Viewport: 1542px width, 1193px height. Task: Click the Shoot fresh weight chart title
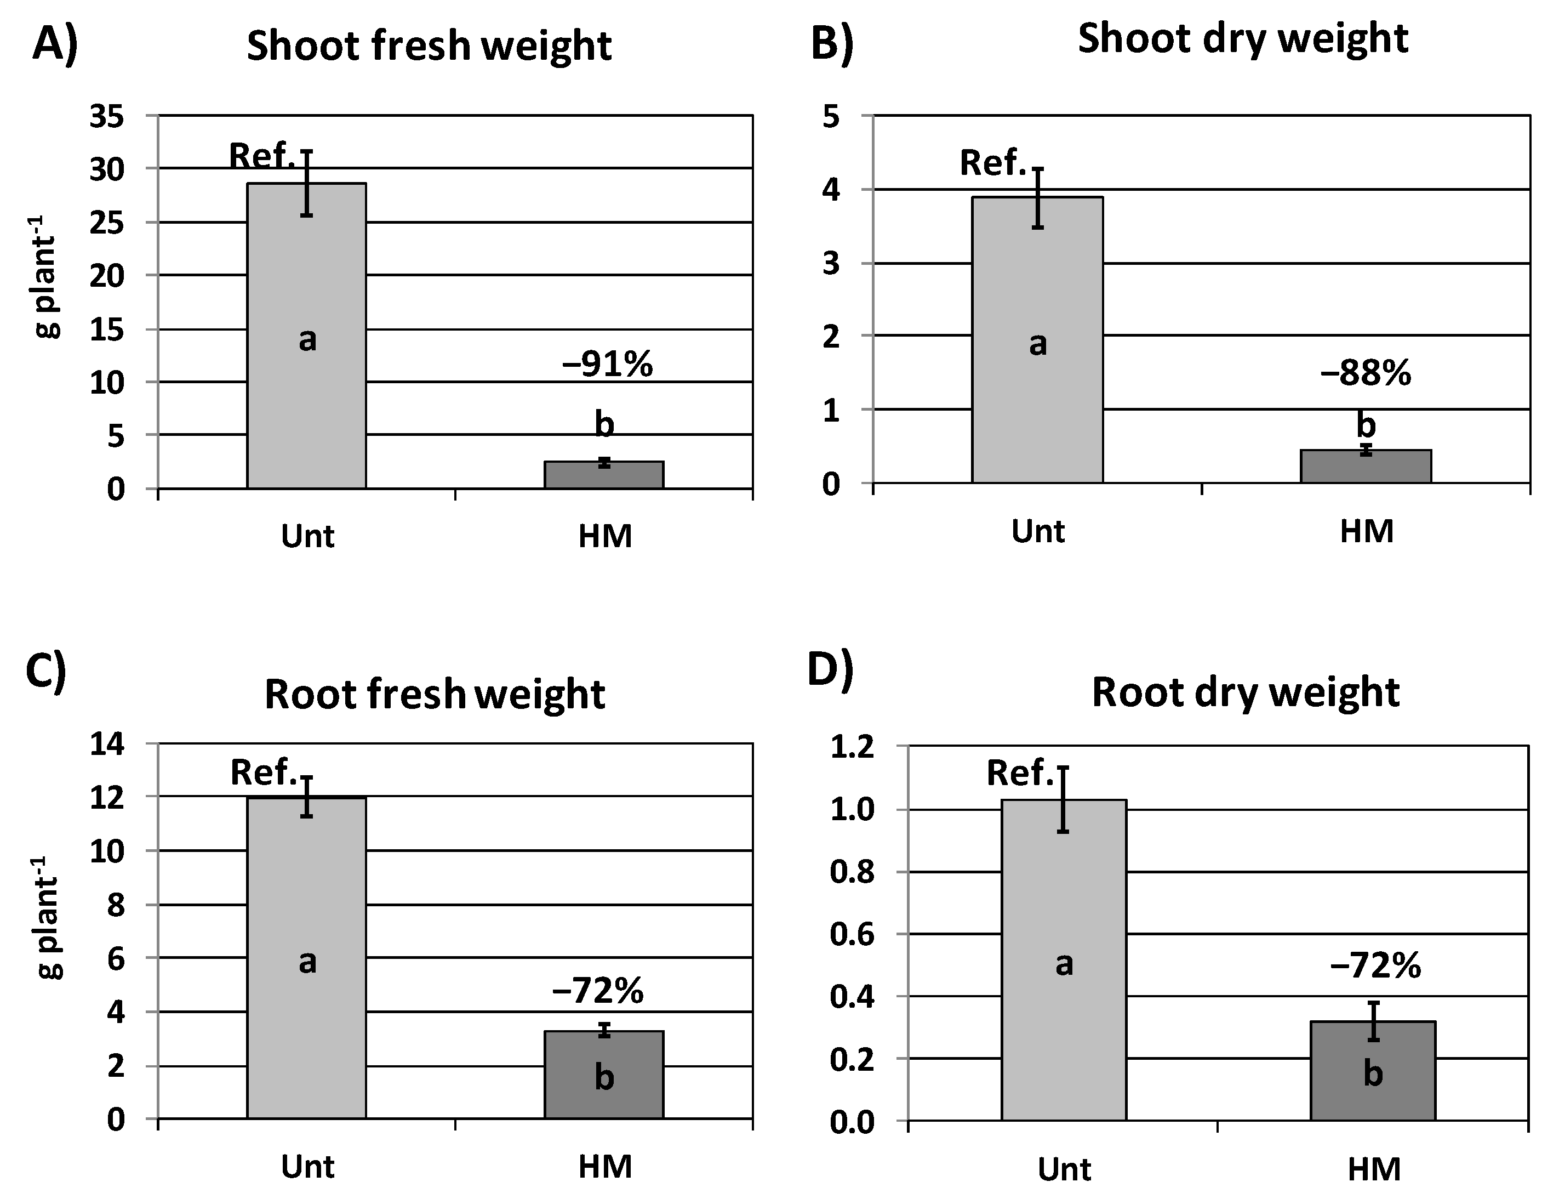(x=429, y=46)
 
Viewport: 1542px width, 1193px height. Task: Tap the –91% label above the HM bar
(x=607, y=365)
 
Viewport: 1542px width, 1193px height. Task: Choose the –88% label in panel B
(x=1366, y=373)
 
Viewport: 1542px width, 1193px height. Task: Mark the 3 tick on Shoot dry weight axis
(x=831, y=264)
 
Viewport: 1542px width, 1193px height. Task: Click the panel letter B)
(x=832, y=44)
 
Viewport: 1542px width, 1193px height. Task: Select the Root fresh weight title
(x=434, y=694)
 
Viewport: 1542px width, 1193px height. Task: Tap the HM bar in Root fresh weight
(x=604, y=1073)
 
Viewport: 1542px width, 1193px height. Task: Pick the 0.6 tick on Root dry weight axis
(x=851, y=934)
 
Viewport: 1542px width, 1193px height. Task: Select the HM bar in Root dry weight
(x=1373, y=1070)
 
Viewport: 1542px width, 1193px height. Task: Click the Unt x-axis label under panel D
(x=1064, y=1169)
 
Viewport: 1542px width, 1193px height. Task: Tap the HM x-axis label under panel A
(x=604, y=536)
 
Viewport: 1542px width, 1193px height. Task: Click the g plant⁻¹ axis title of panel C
(x=48, y=918)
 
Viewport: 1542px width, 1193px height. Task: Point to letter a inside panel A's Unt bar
(x=307, y=340)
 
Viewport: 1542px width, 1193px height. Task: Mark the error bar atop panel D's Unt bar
(x=1063, y=799)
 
